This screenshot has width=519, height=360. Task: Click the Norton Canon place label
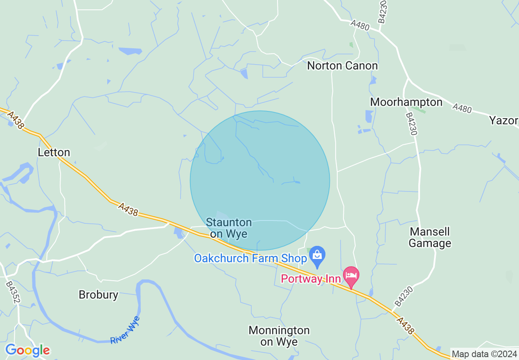(342, 65)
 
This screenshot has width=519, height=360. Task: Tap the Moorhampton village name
(406, 102)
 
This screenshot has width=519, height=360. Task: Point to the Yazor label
(503, 121)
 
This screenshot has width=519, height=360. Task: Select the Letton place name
(54, 153)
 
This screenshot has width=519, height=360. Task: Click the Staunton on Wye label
(229, 228)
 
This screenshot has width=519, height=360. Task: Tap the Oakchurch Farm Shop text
(250, 259)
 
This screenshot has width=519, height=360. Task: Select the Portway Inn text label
(311, 279)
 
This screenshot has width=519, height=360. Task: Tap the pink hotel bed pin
(351, 275)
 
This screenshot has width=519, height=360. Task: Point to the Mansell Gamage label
(430, 238)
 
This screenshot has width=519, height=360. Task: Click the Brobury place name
(98, 295)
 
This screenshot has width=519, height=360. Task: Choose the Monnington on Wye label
(279, 336)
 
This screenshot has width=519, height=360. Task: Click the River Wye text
(125, 330)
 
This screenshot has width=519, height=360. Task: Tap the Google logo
(27, 350)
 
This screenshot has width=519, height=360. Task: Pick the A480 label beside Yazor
(462, 108)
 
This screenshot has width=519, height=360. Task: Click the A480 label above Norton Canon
(360, 26)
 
